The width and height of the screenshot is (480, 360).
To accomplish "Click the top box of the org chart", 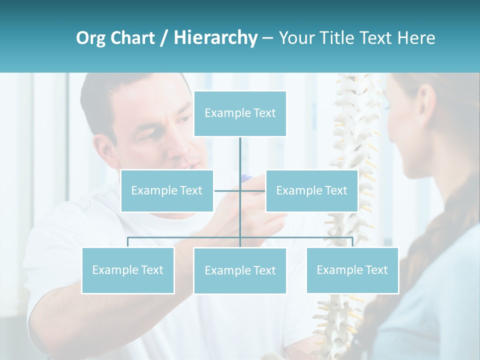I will pyautogui.click(x=240, y=113).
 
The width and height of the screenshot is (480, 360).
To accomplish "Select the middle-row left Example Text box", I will pyautogui.click(x=167, y=190).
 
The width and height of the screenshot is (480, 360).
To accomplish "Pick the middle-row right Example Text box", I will pyautogui.click(x=311, y=190).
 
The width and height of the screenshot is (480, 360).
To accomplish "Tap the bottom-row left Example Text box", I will pyautogui.click(x=127, y=270).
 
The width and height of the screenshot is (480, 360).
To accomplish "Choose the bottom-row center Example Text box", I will pyautogui.click(x=240, y=270).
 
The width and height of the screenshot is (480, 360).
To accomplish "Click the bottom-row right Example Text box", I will pyautogui.click(x=352, y=270).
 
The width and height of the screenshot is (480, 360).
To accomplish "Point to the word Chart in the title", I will pyautogui.click(x=132, y=38).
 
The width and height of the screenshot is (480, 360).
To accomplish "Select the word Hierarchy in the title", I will pyautogui.click(x=215, y=38).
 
